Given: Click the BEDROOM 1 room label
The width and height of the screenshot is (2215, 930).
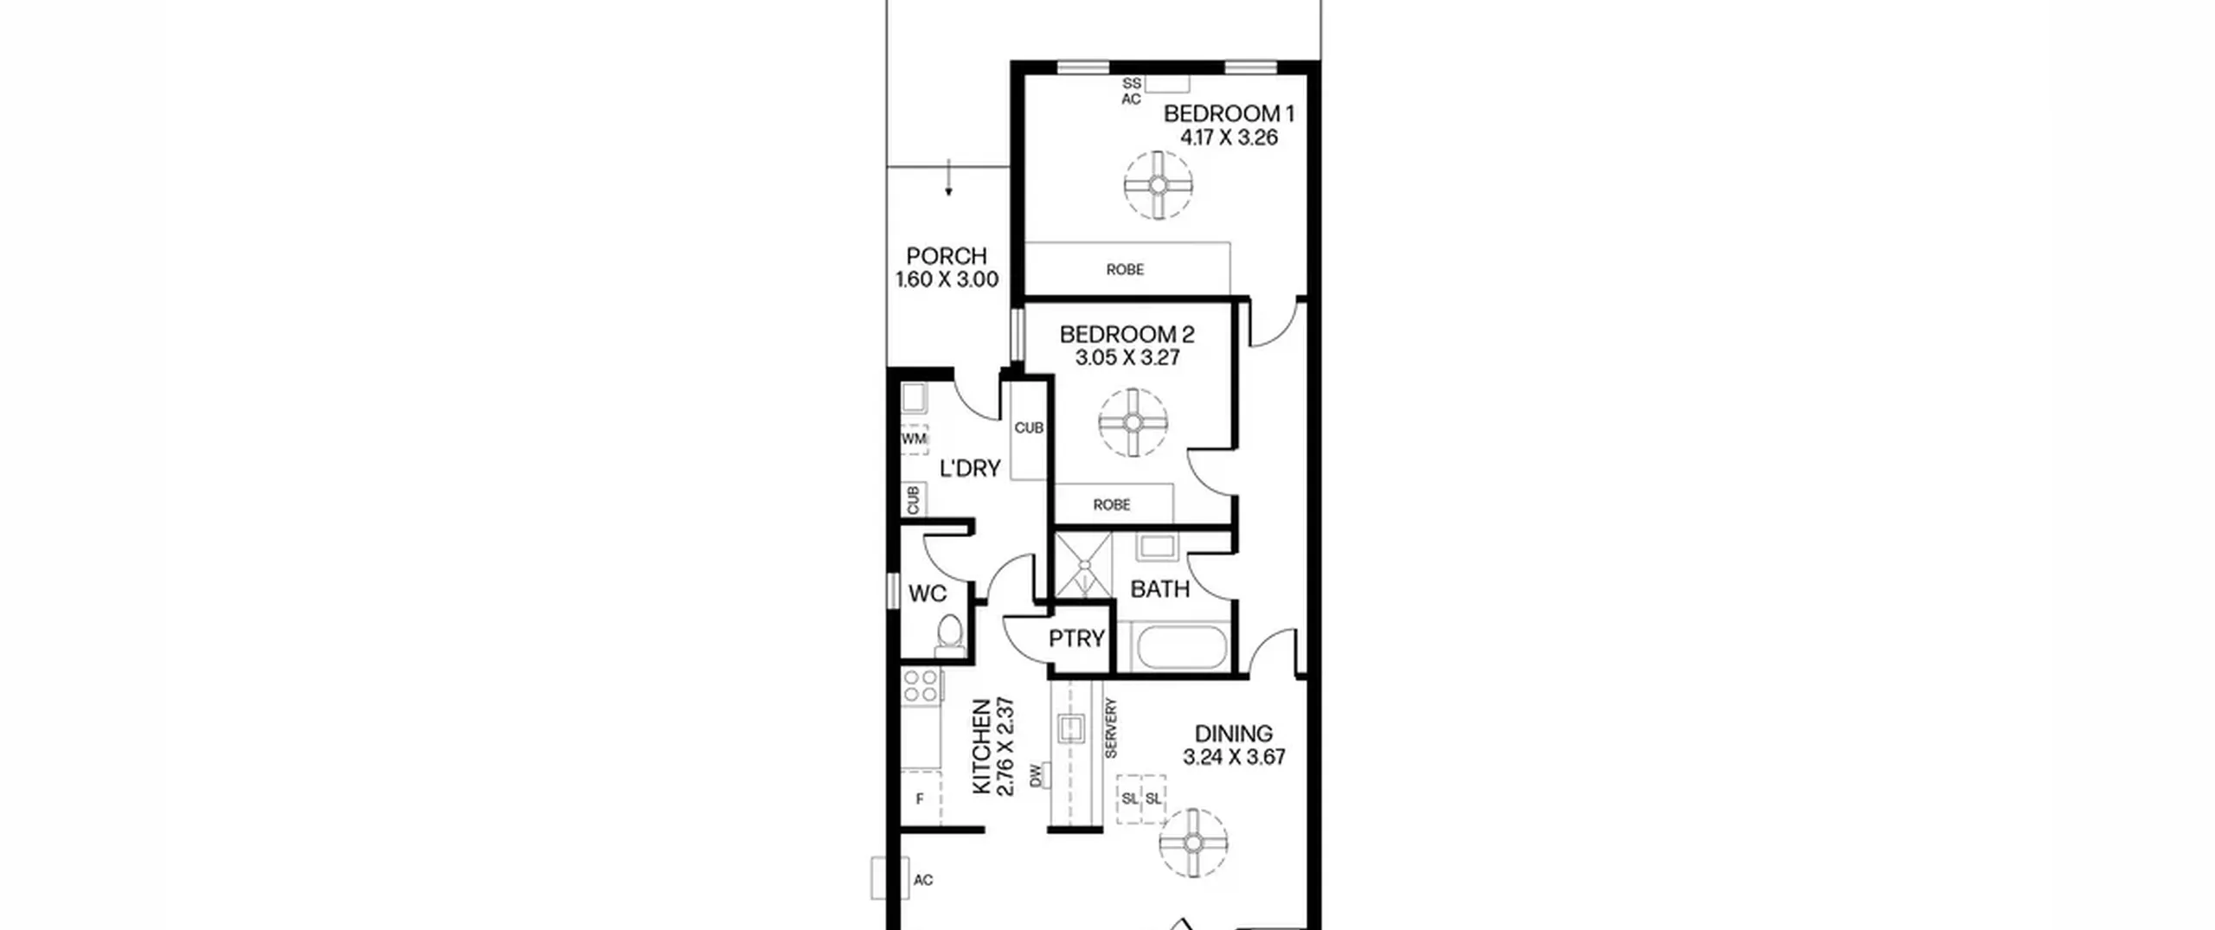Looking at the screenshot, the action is pos(1229,113).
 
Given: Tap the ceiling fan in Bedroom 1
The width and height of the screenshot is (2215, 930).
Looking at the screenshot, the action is pos(1158,185).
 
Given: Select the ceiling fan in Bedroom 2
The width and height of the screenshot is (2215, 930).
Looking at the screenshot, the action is pos(1133,423).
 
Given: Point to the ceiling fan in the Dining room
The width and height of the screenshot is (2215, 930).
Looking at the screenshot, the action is pos(1193,843).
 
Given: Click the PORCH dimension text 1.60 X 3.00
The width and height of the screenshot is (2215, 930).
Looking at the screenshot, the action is pos(947,279).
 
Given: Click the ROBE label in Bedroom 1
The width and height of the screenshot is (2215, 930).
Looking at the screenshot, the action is pos(1125,270).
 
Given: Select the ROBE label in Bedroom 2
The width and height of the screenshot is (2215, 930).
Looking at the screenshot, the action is pos(1112,504).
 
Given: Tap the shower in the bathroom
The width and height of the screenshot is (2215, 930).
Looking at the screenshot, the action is pos(1083,565).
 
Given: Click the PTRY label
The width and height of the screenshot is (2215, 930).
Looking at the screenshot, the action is pos(1076,638).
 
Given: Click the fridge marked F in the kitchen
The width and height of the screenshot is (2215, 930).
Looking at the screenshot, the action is pos(920,799).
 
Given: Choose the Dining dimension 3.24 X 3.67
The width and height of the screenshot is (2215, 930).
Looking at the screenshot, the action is pos(1234,757).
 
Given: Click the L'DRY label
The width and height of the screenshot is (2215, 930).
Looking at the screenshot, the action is pos(970,468).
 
